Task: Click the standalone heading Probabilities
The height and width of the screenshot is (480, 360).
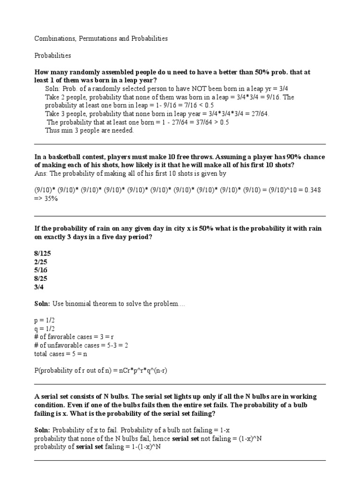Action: point(53,55)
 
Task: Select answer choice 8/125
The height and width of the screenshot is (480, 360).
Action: point(44,253)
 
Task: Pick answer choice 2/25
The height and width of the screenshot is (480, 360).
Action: point(41,262)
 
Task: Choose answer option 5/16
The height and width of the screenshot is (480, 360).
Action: point(41,270)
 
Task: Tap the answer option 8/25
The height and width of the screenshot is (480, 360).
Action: point(41,278)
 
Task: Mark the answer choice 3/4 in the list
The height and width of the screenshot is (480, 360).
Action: point(39,287)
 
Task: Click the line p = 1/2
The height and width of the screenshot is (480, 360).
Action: point(45,321)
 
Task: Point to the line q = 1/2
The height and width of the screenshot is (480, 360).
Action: point(45,329)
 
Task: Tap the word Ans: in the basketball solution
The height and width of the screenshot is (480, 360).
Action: point(41,173)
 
